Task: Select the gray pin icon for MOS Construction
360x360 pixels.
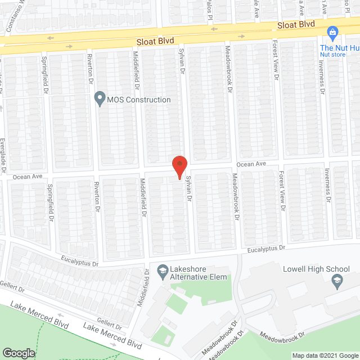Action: (100, 100)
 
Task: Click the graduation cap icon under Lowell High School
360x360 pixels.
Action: (337, 281)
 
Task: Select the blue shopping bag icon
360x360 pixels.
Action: (332, 33)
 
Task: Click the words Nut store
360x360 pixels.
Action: (332, 55)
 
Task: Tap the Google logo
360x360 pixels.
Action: (19, 353)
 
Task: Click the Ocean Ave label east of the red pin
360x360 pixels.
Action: (250, 164)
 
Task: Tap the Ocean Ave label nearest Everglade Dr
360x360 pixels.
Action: (29, 176)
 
